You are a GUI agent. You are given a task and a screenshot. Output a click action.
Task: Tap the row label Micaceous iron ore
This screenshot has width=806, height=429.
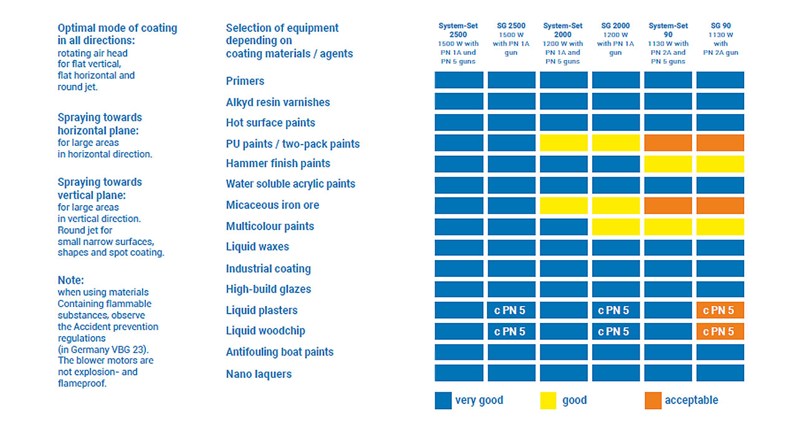point(273,205)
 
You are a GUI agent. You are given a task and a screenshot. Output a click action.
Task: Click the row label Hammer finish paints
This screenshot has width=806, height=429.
point(278,163)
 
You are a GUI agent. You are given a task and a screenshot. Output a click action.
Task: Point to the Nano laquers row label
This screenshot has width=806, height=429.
point(259,374)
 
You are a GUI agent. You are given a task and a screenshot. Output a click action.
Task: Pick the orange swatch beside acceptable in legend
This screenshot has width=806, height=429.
point(653,400)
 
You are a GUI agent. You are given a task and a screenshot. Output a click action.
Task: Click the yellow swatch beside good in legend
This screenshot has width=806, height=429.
point(548,400)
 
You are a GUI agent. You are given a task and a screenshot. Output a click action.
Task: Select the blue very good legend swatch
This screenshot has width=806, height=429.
point(443,400)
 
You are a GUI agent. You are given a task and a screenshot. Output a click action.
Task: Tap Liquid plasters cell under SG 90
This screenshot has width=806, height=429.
point(720,310)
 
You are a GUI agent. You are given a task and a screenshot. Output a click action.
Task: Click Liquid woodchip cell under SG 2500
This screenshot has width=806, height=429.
point(511,331)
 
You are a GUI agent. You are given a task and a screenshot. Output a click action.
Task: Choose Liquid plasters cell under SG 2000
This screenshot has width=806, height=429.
point(615,310)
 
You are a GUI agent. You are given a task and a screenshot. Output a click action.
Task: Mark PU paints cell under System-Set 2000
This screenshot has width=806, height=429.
point(564,143)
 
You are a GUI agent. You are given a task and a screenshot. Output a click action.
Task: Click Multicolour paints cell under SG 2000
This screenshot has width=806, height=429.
point(615,226)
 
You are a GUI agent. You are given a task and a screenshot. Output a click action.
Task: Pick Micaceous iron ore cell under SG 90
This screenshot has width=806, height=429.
point(720,205)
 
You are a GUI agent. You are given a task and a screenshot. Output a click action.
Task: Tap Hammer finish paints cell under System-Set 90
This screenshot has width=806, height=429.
point(668,163)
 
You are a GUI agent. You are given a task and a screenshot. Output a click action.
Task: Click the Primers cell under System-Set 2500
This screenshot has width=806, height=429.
point(459,80)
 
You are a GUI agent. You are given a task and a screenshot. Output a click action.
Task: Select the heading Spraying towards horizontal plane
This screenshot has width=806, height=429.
point(100,123)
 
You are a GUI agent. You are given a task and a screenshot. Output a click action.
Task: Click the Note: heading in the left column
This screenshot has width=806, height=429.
point(70,281)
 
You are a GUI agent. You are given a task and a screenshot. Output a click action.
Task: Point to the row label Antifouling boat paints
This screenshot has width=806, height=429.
point(280,352)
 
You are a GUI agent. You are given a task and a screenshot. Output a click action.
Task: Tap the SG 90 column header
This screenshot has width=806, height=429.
point(721,26)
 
